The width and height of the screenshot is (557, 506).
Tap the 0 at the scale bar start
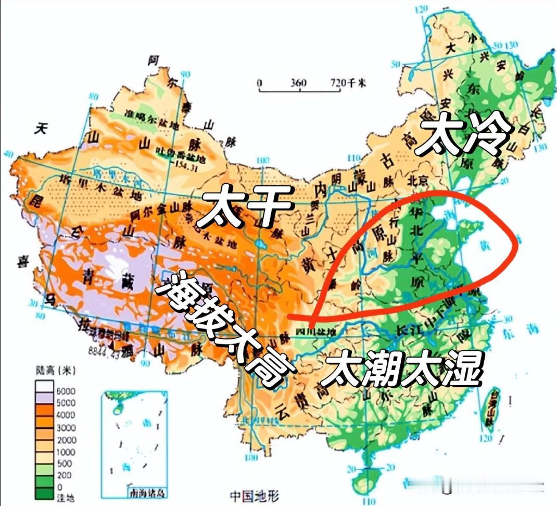(x=260, y=83)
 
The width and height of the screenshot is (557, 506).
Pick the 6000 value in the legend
(x=67, y=391)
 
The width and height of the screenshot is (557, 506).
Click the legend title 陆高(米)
(x=55, y=371)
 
